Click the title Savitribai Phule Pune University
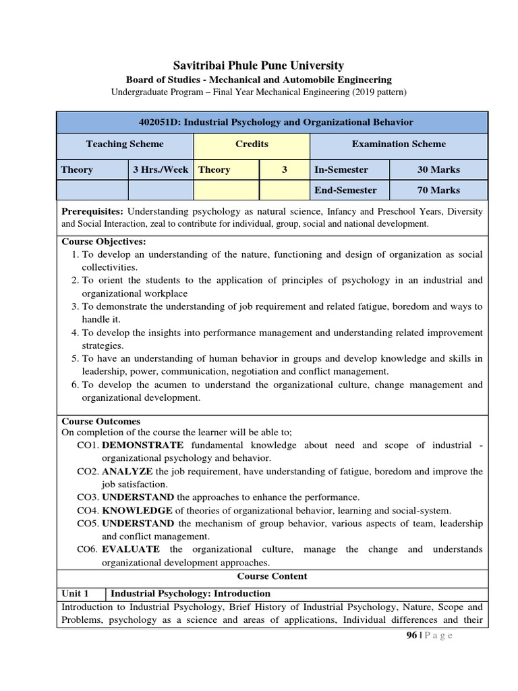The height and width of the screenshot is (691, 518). click(259, 65)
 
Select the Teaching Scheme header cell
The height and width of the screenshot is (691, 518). click(125, 144)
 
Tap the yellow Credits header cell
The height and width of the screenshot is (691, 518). click(252, 144)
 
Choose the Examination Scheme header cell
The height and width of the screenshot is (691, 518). click(399, 144)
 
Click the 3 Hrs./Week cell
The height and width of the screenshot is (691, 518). click(161, 169)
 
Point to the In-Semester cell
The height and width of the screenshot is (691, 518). click(341, 169)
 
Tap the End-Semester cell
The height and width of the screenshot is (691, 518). click(345, 190)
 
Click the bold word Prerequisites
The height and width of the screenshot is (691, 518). click(92, 211)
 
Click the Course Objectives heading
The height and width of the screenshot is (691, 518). click(104, 241)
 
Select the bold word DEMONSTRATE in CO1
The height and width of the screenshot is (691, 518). click(142, 445)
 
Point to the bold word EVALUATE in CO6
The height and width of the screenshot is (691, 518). click(131, 549)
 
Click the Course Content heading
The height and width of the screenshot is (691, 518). click(272, 576)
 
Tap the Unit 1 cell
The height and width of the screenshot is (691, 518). click(76, 594)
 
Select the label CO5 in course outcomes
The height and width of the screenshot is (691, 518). click(88, 523)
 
